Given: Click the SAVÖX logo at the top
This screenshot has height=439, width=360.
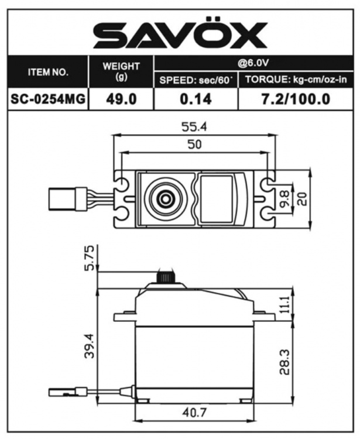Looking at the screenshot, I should pyautogui.click(x=180, y=36).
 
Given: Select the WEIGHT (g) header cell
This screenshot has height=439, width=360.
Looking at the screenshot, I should pyautogui.click(x=121, y=71).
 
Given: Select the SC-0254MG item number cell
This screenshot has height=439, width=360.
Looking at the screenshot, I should pyautogui.click(x=48, y=98).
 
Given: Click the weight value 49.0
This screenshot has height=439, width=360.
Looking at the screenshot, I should pyautogui.click(x=121, y=98).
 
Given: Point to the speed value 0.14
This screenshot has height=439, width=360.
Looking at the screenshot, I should pyautogui.click(x=196, y=98).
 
